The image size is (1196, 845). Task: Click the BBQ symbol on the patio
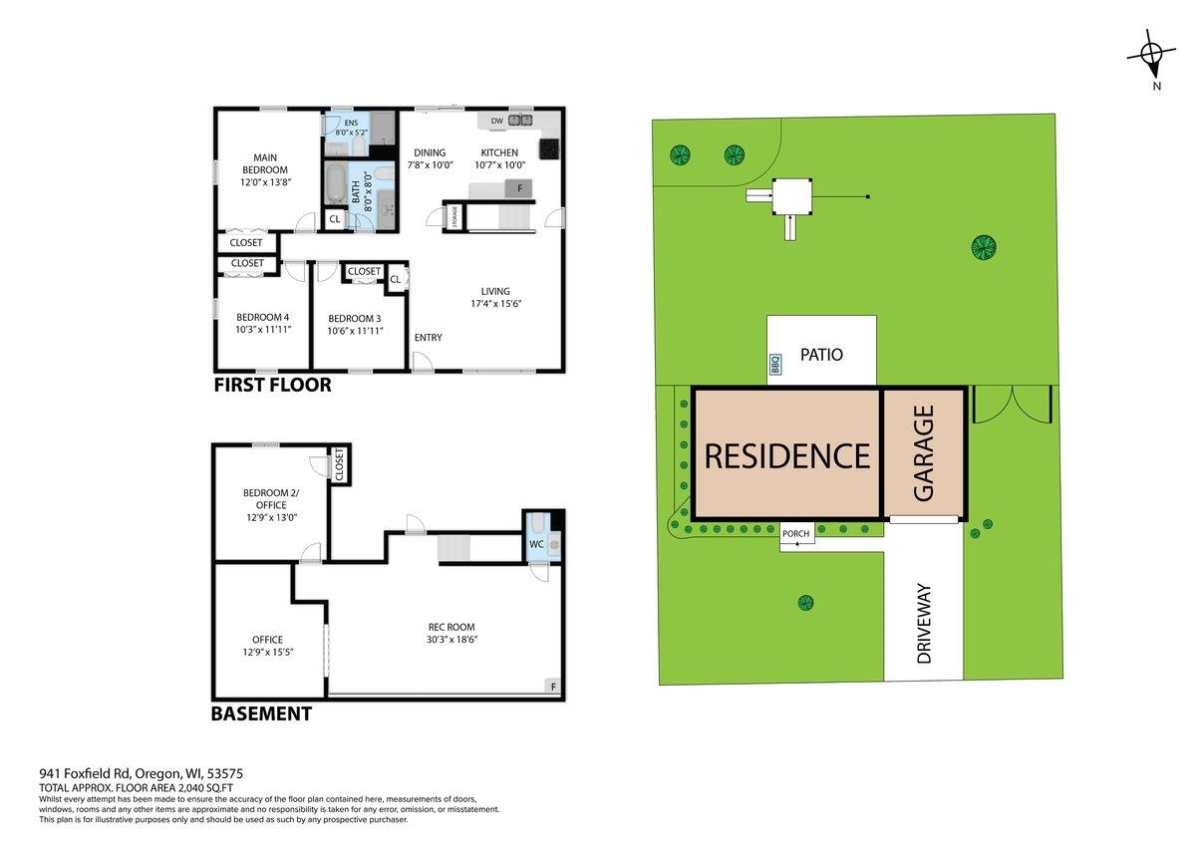coord(775,364)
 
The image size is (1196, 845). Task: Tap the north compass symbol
coord(1151,60)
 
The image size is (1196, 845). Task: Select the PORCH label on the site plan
coord(795,533)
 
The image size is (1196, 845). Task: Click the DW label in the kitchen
coord(496,121)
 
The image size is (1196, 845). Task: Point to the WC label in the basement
coord(536,544)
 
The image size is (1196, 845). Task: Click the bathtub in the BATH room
coord(336,183)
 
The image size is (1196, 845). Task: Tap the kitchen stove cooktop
coord(549,148)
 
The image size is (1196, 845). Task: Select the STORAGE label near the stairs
coord(454,216)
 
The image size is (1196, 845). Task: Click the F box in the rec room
coord(552,687)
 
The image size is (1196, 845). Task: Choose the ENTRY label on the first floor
coord(428,338)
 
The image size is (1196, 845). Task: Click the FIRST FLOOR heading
coord(272,385)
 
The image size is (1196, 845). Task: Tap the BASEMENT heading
coord(261,713)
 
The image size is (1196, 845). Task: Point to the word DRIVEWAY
coord(924,623)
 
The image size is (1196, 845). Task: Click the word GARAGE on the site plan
coord(924,453)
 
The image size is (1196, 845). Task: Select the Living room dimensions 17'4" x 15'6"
coord(495,304)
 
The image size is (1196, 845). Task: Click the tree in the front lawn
coord(805,603)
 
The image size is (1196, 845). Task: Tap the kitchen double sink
coord(519,121)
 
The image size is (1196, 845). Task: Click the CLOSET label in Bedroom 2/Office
coord(340,464)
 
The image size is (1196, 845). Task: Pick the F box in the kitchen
coord(519,188)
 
